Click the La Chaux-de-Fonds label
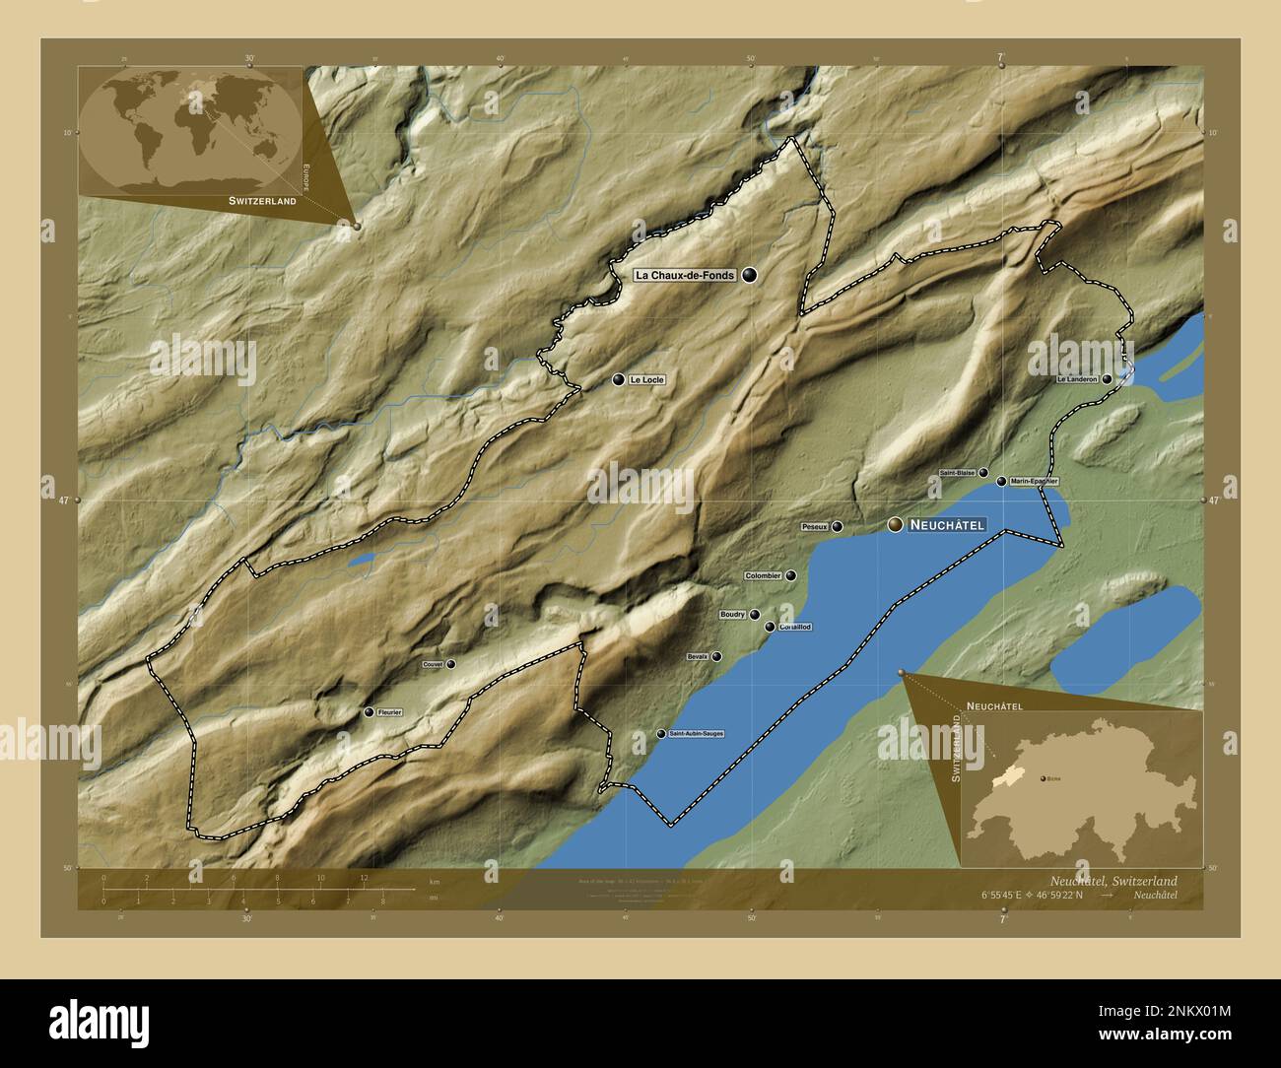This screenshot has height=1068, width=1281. point(685,276)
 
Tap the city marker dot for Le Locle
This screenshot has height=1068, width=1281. point(618,379)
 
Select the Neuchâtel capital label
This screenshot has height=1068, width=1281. point(947,525)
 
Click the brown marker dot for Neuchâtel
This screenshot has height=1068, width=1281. point(895,525)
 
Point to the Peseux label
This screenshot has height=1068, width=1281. point(814,527)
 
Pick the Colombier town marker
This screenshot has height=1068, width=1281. point(790,575)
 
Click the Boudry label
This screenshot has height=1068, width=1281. point(732,615)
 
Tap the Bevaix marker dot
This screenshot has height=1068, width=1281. point(716,656)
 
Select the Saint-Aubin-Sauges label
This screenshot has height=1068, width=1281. point(697,734)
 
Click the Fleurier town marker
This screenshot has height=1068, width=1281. point(369,711)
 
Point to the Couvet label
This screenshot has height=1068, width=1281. point(433,665)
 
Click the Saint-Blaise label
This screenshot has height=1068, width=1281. point(957,473)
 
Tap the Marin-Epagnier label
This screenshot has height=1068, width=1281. point(1034,482)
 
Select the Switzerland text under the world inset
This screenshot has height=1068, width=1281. point(262,200)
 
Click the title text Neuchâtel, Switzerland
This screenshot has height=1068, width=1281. point(1112,880)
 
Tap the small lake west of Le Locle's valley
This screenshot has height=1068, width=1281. point(362,560)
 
